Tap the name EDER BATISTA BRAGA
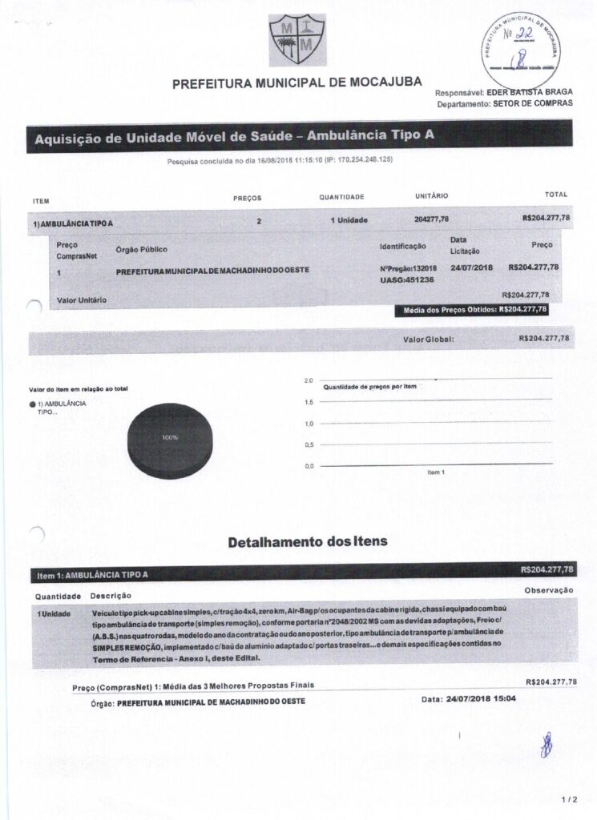click(526, 92)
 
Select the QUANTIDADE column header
click(341, 197)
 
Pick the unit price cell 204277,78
click(431, 219)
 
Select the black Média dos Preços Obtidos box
click(472, 309)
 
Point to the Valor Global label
click(428, 340)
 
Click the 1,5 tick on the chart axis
click(309, 402)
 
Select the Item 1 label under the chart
click(437, 472)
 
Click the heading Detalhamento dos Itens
click(308, 542)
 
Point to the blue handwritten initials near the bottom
click(547, 744)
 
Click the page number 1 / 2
click(570, 799)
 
